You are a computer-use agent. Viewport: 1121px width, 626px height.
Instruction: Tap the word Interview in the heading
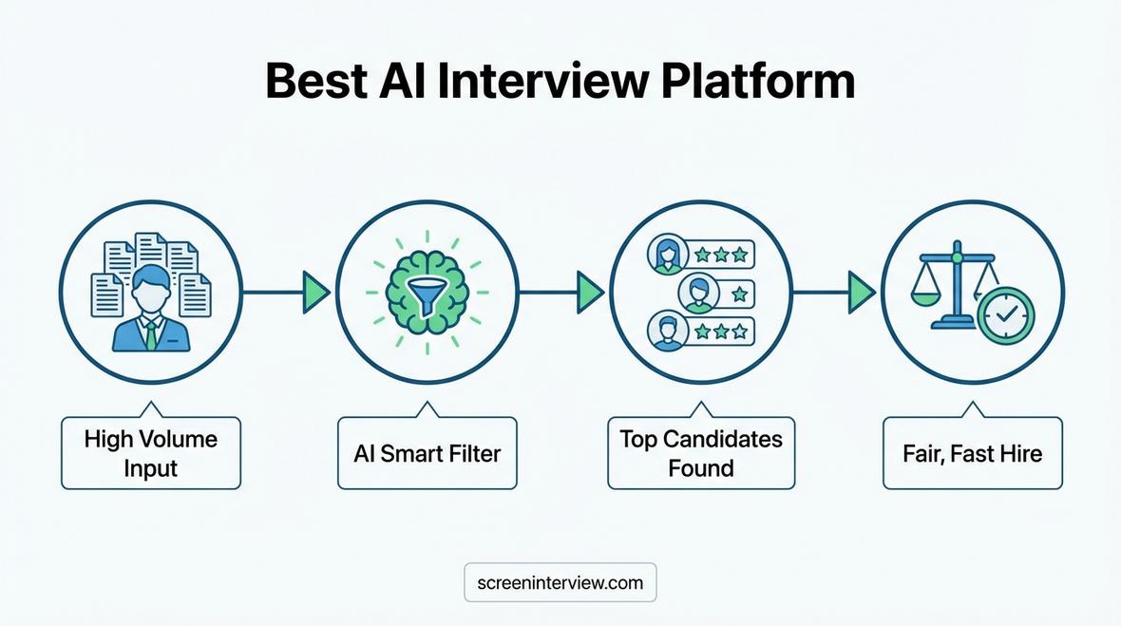pyautogui.click(x=542, y=82)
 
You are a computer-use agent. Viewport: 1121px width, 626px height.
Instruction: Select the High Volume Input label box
pyautogui.click(x=151, y=453)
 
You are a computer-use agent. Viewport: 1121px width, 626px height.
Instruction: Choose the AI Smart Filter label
pyautogui.click(x=427, y=453)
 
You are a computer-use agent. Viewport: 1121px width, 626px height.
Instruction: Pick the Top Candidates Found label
pyautogui.click(x=701, y=453)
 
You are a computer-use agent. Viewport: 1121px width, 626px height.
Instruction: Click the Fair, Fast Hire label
pyautogui.click(x=972, y=453)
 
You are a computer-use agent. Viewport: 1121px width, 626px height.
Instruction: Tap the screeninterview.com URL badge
pyautogui.click(x=560, y=582)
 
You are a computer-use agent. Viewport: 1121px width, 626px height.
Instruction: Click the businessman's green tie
pyautogui.click(x=150, y=334)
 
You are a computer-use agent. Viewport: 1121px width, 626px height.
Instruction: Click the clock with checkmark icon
pyautogui.click(x=1006, y=315)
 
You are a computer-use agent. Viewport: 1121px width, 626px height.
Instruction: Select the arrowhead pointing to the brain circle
pyautogui.click(x=315, y=292)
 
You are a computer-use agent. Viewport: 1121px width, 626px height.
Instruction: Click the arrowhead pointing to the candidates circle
pyautogui.click(x=590, y=292)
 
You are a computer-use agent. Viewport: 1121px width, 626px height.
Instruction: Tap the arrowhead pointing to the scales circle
pyautogui.click(x=862, y=292)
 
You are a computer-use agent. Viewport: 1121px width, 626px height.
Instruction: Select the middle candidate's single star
pyautogui.click(x=738, y=293)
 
